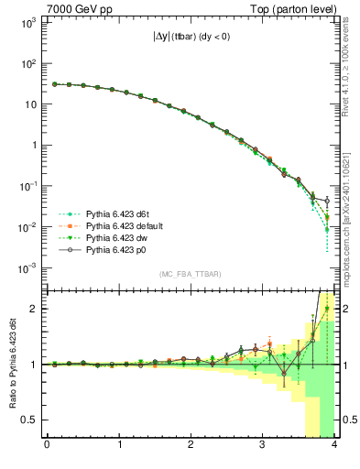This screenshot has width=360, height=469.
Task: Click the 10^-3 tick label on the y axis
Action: [x=27, y=267]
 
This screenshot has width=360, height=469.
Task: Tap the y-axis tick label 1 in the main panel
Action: [x=32, y=145]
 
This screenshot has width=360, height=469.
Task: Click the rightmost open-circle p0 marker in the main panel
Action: [x=327, y=201]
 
